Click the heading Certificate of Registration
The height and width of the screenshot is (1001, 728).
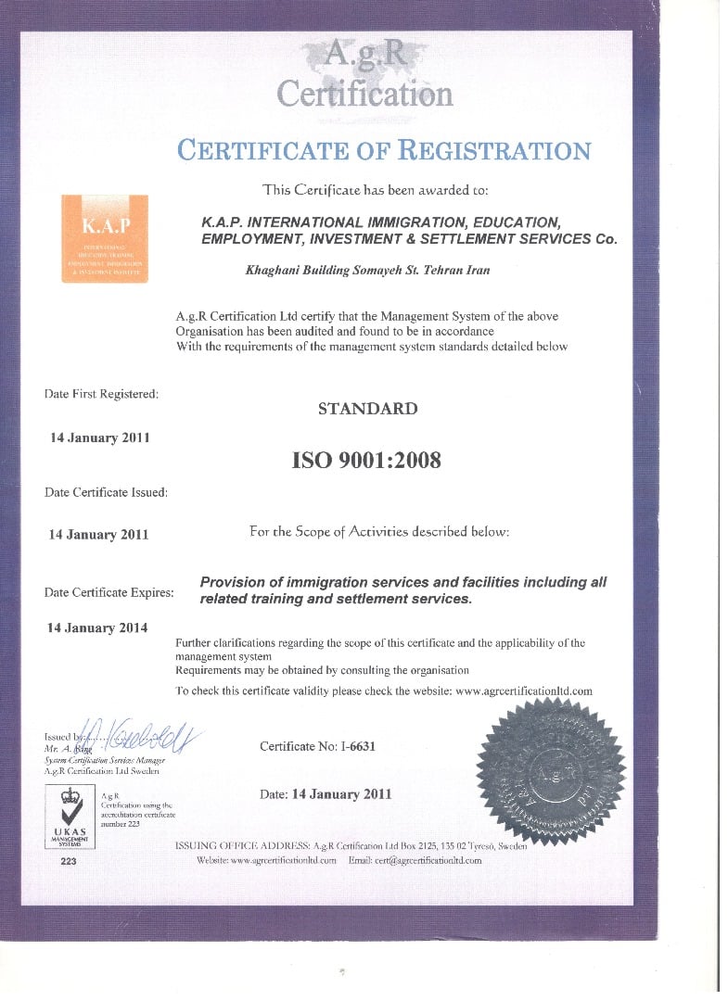point(383,150)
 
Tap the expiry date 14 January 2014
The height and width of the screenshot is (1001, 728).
point(96,627)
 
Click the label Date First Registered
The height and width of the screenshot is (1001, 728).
point(101,394)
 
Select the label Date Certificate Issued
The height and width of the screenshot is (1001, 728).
point(106,492)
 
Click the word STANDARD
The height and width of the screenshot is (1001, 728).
point(367,408)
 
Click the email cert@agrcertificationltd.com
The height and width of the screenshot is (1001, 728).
point(428,860)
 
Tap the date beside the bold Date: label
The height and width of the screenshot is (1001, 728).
point(341,793)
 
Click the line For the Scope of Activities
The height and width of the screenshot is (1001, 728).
point(378,532)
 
